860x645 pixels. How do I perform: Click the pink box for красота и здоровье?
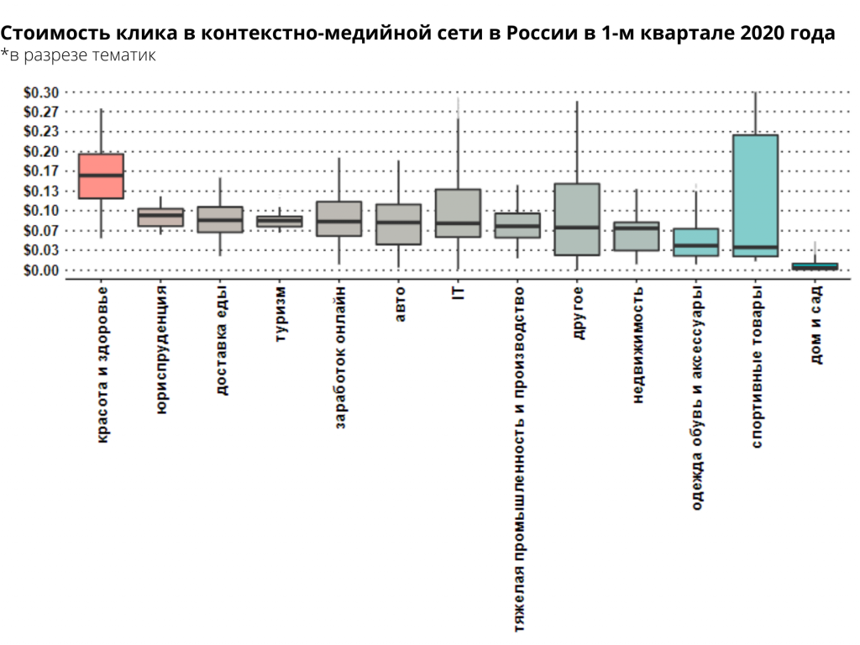pyautogui.click(x=101, y=176)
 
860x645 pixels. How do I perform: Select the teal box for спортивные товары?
pyautogui.click(x=755, y=195)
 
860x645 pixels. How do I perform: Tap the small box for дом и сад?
pyautogui.click(x=815, y=266)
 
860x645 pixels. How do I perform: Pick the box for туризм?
pyautogui.click(x=280, y=222)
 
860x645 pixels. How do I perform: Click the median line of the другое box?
pyautogui.click(x=577, y=227)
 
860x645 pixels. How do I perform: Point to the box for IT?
pyautogui.click(x=458, y=213)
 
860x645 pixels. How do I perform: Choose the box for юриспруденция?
pyautogui.click(x=160, y=218)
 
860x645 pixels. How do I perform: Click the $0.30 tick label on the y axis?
pyautogui.click(x=41, y=92)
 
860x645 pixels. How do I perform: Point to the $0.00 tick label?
pyautogui.click(x=41, y=270)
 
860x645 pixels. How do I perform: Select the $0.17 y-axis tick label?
pyautogui.click(x=41, y=171)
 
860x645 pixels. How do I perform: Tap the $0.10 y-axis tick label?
pyautogui.click(x=41, y=211)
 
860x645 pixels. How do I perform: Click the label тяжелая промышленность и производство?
pyautogui.click(x=518, y=459)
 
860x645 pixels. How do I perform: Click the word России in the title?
pyautogui.click(x=546, y=34)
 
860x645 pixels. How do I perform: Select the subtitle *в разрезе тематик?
pyautogui.click(x=78, y=55)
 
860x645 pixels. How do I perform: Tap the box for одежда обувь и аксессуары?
pyautogui.click(x=695, y=242)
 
